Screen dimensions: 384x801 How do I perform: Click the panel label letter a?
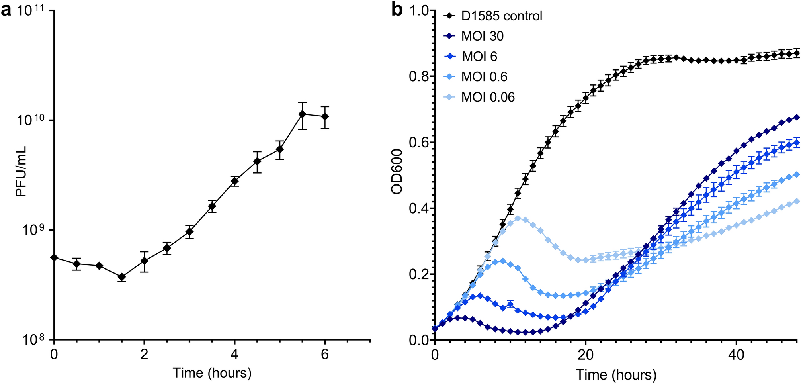click(6, 10)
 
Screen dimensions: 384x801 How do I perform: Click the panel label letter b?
click(397, 10)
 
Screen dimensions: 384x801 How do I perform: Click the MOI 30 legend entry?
click(482, 36)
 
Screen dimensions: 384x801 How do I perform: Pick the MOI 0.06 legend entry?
click(488, 97)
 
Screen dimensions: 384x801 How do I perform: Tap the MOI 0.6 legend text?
click(484, 77)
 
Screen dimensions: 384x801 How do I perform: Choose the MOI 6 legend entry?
click(479, 57)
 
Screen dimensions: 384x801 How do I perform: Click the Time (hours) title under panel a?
click(212, 373)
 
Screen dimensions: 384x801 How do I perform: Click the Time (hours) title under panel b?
click(616, 374)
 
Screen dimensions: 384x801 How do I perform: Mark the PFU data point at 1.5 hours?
click(122, 277)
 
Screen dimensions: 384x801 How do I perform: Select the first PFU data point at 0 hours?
click(54, 258)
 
